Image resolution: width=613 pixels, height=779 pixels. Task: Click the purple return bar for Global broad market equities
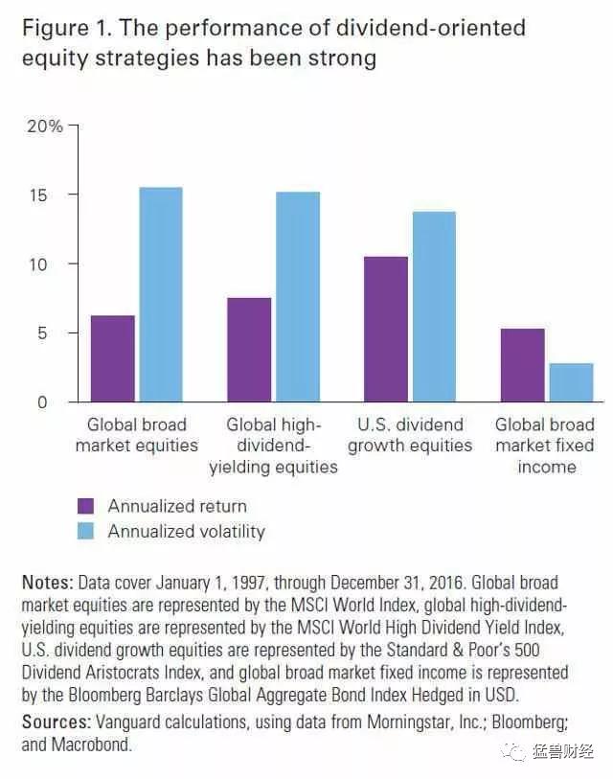coord(113,358)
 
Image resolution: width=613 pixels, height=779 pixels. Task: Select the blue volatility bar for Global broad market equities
coord(160,294)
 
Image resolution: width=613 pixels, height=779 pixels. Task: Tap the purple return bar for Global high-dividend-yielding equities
coord(249,350)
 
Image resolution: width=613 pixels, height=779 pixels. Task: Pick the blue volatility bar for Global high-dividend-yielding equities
coord(297,297)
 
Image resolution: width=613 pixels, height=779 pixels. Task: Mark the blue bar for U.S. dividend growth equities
coord(433,307)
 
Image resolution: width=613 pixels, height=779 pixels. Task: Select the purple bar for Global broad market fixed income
coord(522,365)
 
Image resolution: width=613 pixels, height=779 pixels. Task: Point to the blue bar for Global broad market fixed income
coord(571,382)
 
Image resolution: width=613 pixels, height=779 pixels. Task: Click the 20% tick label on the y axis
coord(43,126)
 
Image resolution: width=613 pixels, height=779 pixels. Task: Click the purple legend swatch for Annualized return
coord(86,506)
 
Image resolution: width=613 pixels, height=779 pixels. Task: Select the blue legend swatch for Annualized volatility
coord(86,531)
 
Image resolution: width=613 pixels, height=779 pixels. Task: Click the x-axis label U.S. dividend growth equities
coord(410,435)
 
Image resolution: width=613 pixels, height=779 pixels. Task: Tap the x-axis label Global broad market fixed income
coord(546,446)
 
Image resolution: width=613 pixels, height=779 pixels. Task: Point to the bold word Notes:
coord(46,583)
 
